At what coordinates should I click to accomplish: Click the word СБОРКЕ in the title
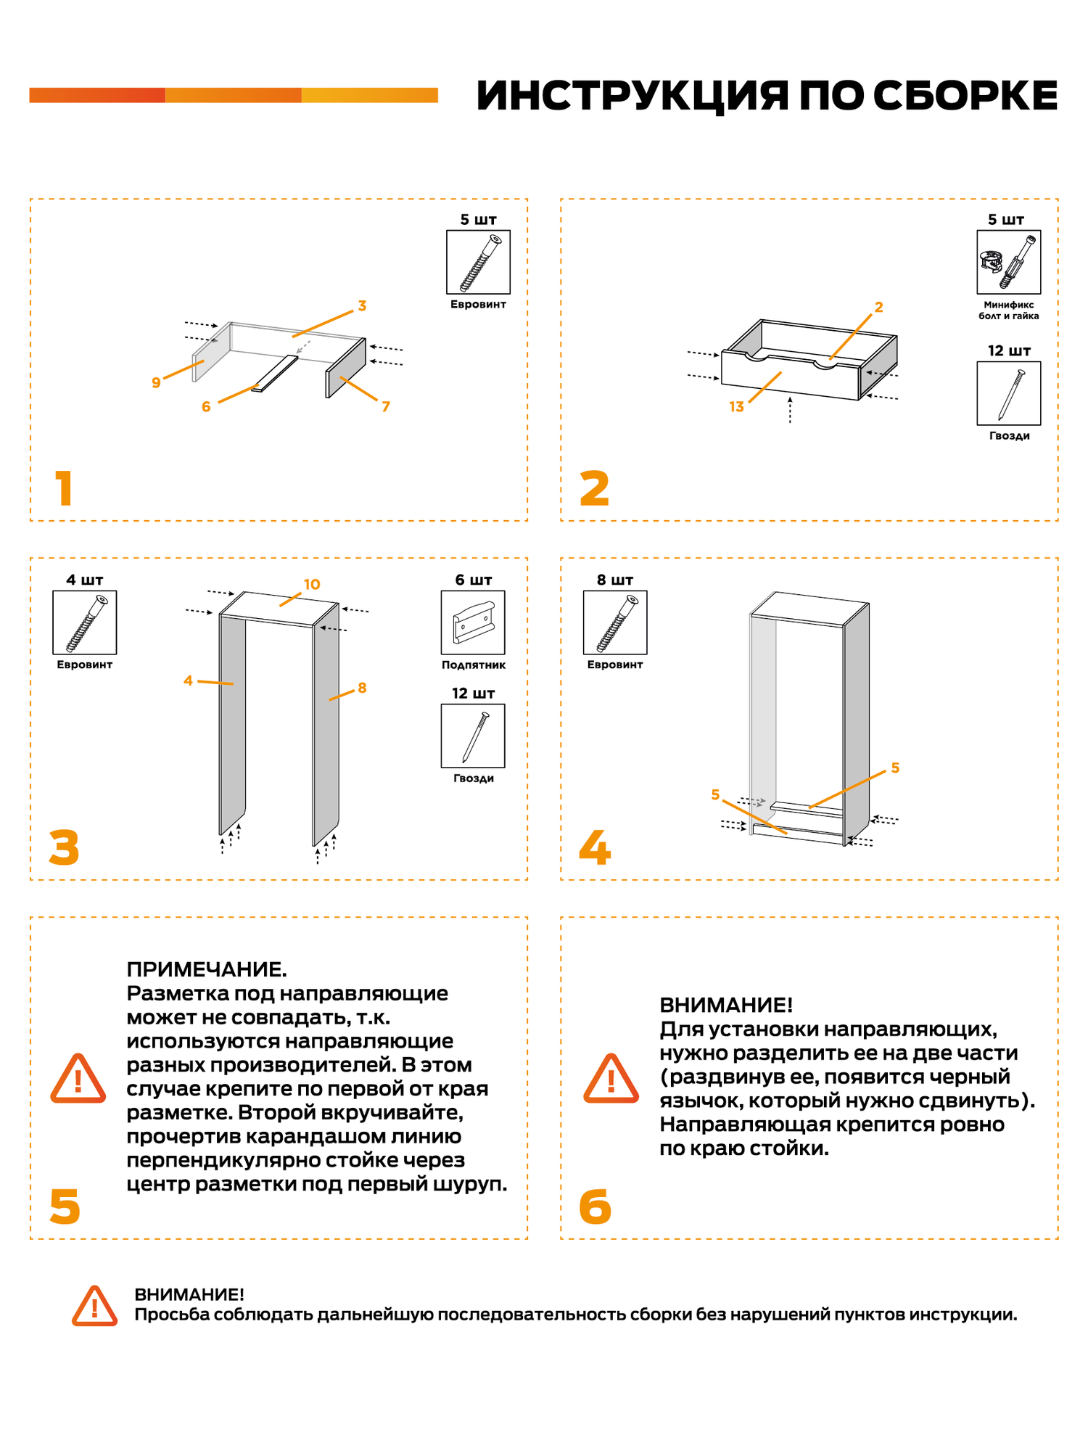pos(965,96)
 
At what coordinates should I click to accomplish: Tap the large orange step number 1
pos(64,488)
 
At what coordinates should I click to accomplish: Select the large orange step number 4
pos(595,847)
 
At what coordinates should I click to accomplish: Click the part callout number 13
pos(736,407)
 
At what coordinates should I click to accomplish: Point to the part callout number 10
pos(312,585)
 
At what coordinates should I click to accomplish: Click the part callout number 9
pos(156,382)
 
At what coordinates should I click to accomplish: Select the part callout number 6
pos(206,407)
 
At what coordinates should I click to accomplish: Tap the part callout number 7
pos(386,407)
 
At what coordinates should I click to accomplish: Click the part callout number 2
pos(878,308)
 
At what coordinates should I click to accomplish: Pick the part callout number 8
pos(362,688)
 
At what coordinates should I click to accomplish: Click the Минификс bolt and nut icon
pos(1008,262)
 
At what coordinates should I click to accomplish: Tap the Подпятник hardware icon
pos(473,622)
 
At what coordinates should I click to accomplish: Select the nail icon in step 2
pos(1008,393)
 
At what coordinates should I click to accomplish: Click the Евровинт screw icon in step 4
pos(615,622)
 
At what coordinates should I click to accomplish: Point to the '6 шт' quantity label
pos(473,580)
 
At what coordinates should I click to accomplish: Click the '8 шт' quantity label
pos(615,580)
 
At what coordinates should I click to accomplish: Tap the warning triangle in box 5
pos(78,1080)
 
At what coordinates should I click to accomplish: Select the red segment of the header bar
pos(97,95)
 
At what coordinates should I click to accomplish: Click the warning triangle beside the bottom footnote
pos(94,1307)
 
